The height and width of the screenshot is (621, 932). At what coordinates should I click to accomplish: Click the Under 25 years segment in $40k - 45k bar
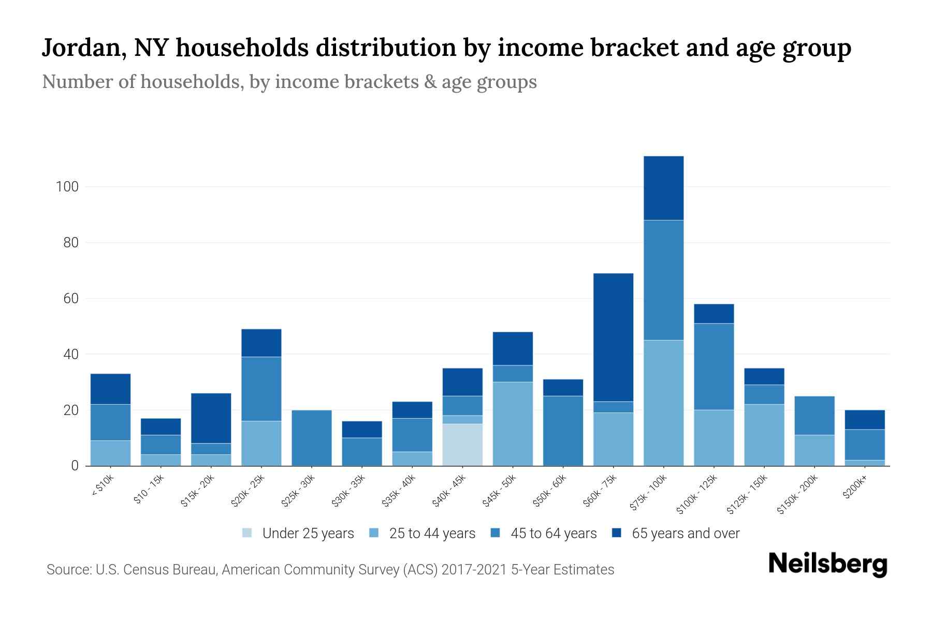point(462,445)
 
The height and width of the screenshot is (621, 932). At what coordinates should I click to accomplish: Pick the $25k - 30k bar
point(312,438)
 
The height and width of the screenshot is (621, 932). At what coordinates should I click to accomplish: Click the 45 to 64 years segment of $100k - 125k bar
point(713,366)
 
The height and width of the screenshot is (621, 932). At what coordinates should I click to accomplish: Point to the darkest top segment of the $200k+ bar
point(865,420)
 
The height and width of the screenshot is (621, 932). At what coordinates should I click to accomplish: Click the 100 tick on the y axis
point(67,187)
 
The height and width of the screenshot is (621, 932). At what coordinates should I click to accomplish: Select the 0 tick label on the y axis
point(75,466)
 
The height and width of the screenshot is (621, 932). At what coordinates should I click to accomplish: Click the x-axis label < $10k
point(103,486)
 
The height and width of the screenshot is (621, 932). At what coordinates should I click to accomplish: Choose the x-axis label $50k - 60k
point(550,491)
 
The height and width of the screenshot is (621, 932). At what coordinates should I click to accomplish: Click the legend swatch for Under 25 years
point(247,533)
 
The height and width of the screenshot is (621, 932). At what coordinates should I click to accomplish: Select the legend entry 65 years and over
point(685,533)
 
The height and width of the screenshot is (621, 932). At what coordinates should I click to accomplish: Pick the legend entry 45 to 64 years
point(553,533)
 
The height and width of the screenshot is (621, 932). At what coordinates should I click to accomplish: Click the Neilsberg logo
point(827,564)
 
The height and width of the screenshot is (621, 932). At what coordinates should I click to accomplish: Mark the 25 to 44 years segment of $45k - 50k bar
point(513,423)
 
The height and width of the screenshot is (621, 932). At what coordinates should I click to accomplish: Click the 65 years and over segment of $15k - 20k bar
point(211,418)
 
